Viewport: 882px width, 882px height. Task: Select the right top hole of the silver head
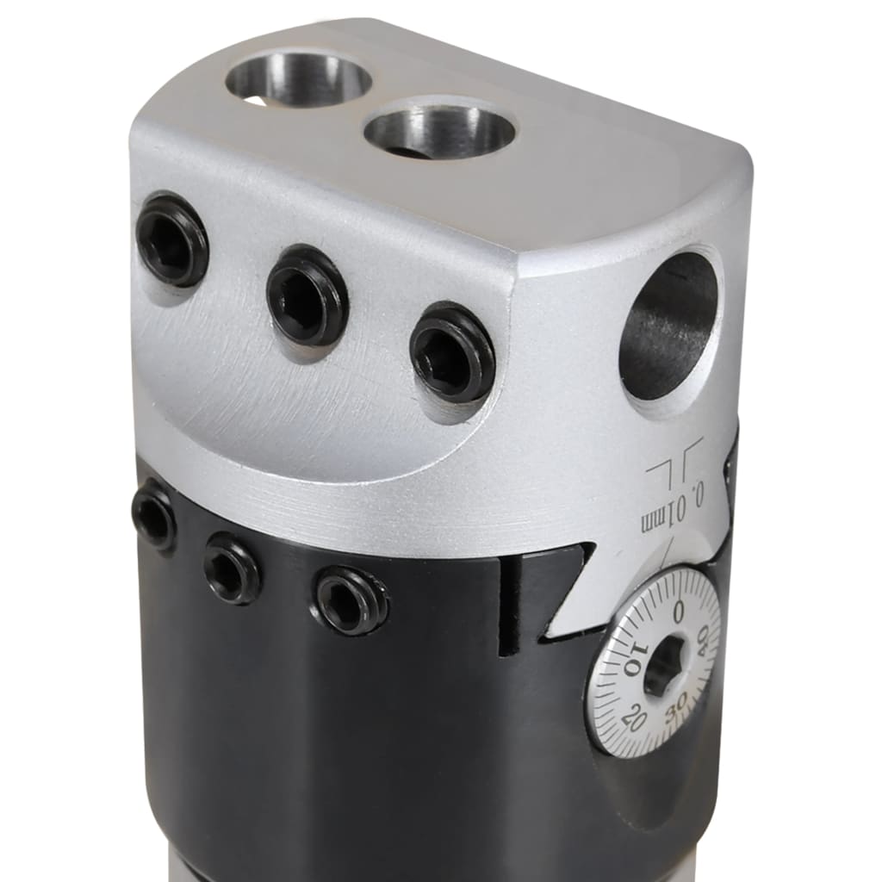click(439, 132)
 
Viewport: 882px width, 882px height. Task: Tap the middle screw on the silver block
click(307, 295)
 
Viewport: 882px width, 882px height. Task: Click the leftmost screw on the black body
click(154, 514)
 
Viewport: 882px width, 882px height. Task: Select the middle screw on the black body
click(232, 567)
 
